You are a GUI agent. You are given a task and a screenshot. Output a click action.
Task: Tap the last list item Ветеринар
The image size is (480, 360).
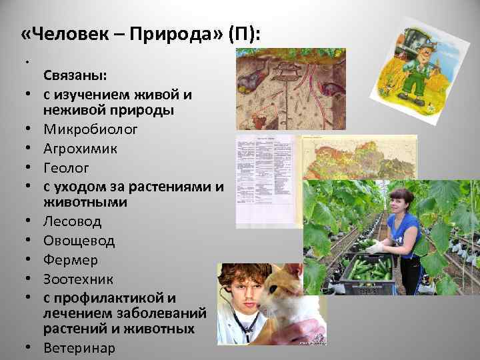coord(79,347)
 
